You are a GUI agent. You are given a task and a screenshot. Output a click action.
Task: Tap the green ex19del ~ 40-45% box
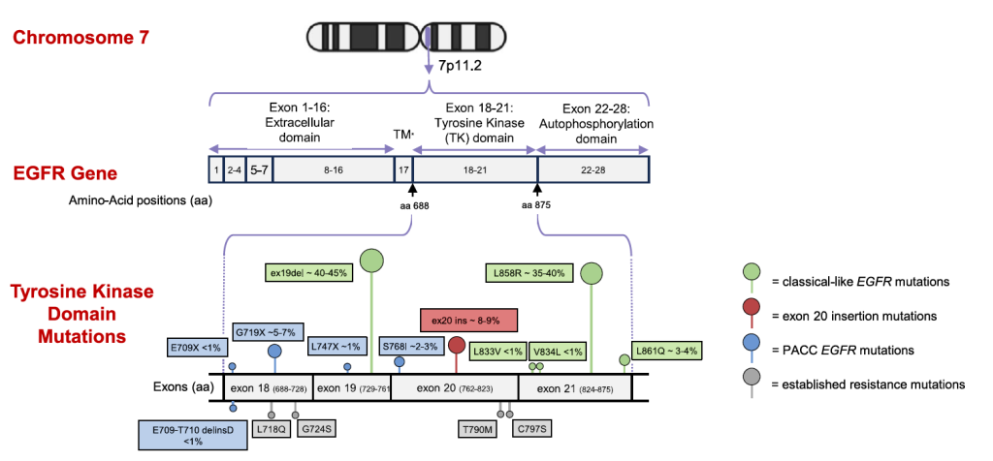[309, 272]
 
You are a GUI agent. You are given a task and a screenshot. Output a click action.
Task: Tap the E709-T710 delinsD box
[191, 433]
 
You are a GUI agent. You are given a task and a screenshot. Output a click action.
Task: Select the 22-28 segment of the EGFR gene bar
[593, 170]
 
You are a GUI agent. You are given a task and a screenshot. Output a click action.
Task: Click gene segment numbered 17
[402, 170]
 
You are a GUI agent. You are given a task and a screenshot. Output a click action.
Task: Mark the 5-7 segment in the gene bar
[259, 170]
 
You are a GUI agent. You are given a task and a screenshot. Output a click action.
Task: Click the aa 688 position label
[413, 204]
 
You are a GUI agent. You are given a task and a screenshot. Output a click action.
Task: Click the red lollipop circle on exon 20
[457, 346]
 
